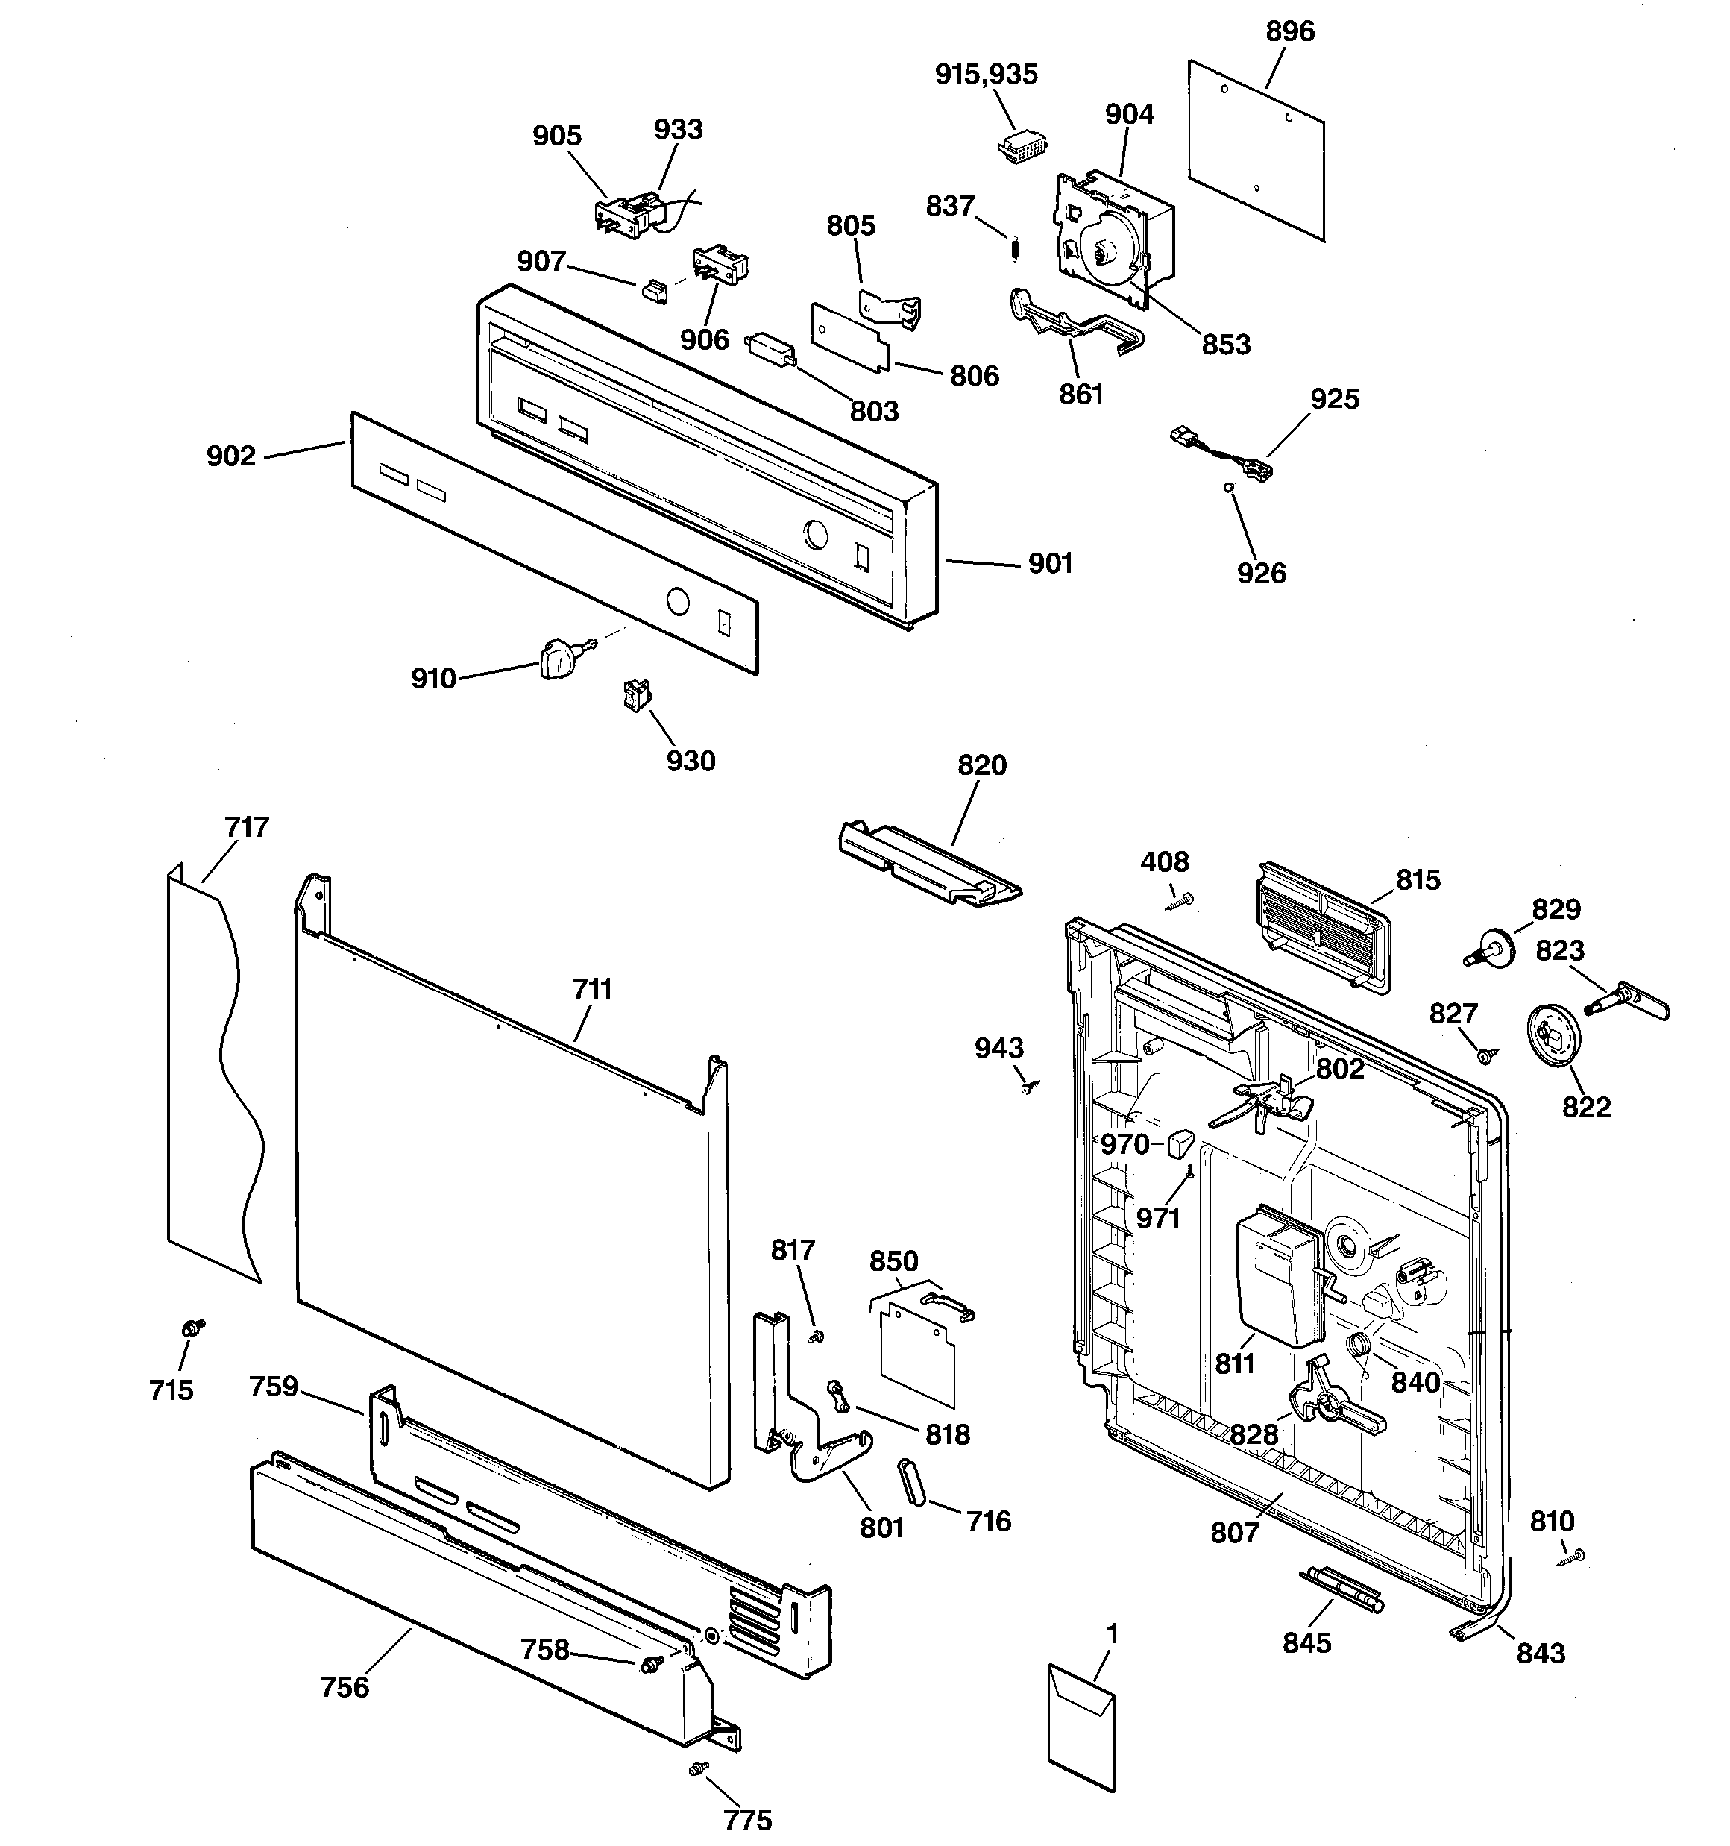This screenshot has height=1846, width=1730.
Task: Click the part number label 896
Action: coord(1290,31)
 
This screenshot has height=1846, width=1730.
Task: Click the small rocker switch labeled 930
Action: coord(635,694)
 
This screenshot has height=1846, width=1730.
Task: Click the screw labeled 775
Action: coord(698,1796)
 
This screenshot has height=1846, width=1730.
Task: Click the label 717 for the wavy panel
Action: coord(246,826)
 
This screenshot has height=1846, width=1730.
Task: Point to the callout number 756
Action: coord(345,1687)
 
